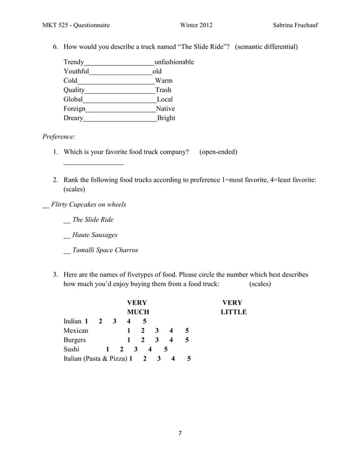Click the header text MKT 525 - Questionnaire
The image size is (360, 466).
coord(76,25)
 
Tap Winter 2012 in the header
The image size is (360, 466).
coord(196,25)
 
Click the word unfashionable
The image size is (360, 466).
coord(174,61)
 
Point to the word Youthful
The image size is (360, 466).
coord(76,71)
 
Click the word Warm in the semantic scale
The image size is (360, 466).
coord(164,81)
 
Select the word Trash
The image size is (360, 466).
coord(163,90)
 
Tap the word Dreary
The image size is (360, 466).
coord(73,118)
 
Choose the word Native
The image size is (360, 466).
coord(165,109)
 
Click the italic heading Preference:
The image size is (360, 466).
coord(59,136)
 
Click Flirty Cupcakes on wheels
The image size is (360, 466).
coord(88,204)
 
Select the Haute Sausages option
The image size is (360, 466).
coord(95,235)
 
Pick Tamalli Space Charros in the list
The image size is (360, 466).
coord(105,250)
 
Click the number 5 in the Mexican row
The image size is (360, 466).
coord(187,331)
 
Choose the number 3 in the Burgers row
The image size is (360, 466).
coord(157,340)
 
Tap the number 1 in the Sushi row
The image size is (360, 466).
coord(108,350)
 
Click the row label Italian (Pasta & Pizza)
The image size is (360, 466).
coord(95,359)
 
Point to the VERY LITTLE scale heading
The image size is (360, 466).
coord(233,307)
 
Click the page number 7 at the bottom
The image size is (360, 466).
coord(179,434)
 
